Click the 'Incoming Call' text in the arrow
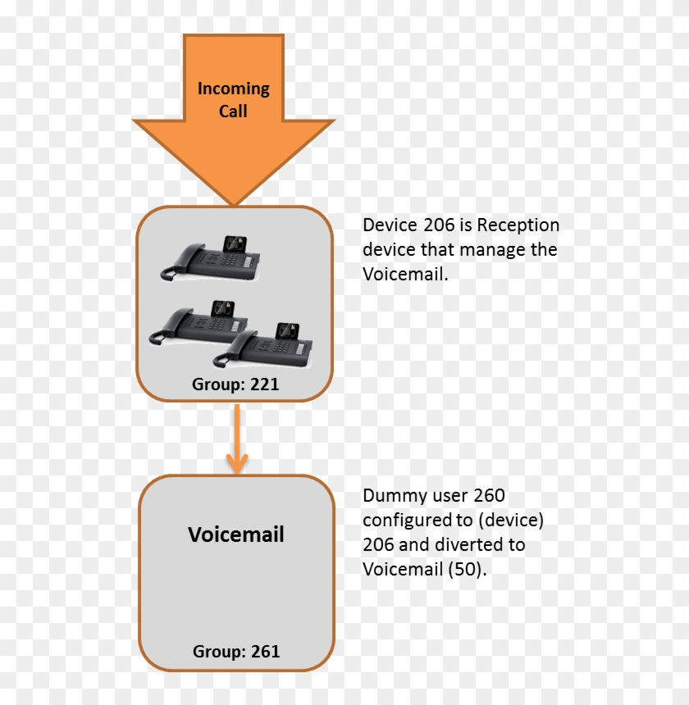pyautogui.click(x=233, y=99)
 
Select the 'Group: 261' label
pyautogui.click(x=236, y=652)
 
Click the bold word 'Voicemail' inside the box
pyautogui.click(x=236, y=534)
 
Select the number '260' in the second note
pyautogui.click(x=489, y=496)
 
